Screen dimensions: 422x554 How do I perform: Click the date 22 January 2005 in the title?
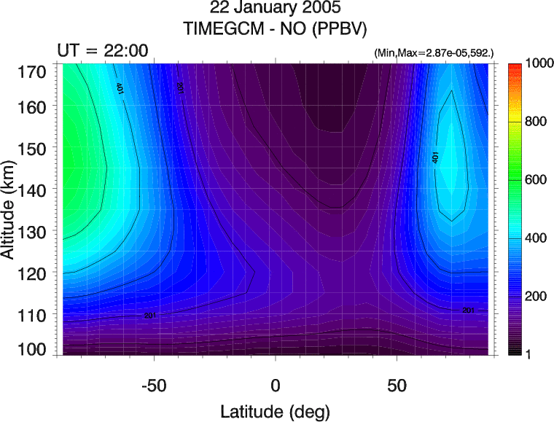click(276, 9)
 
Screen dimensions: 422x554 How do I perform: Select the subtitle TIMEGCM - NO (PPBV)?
click(276, 29)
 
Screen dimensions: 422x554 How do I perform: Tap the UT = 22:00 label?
click(103, 50)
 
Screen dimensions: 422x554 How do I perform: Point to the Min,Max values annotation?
click(433, 54)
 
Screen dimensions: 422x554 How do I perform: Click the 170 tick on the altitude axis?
click(34, 71)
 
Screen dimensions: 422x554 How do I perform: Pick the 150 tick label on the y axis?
click(34, 148)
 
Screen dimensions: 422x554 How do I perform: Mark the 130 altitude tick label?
click(34, 231)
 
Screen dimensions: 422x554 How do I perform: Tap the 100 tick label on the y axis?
click(34, 350)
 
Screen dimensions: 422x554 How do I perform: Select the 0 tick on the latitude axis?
click(276, 384)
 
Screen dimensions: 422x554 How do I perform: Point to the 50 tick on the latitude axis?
click(397, 384)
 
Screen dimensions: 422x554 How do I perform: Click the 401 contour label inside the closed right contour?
click(436, 157)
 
